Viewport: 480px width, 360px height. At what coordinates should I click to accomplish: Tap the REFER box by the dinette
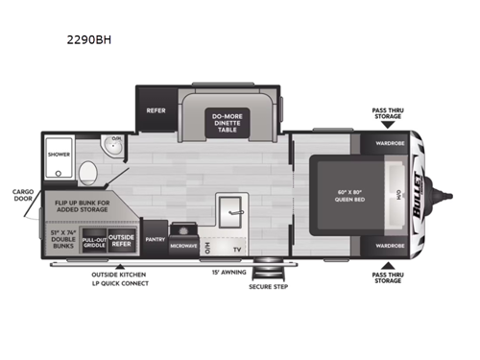click(156, 109)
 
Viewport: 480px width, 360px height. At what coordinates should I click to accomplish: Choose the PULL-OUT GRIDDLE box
click(94, 243)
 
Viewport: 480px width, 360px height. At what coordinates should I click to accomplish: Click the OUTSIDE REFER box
click(121, 242)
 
